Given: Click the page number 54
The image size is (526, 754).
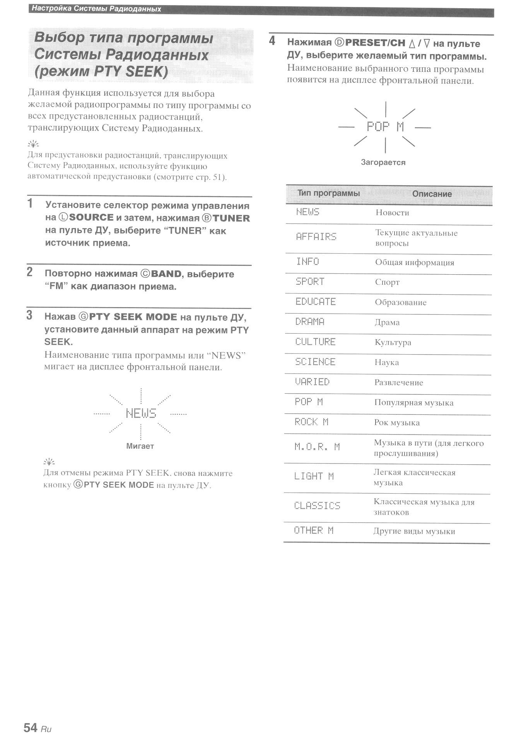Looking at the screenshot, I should (x=31, y=728).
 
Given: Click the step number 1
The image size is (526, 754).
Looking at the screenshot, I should (x=30, y=203).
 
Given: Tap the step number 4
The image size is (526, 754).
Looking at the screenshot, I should (x=272, y=41).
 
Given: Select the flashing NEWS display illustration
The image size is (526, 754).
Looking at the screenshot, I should (x=141, y=413).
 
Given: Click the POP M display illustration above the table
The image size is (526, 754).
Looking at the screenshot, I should (x=385, y=127).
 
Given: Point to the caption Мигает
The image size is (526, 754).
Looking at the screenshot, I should (x=140, y=446).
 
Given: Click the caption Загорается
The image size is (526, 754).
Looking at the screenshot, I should (x=383, y=163).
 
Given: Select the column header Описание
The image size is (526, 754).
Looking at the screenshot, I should (x=432, y=194).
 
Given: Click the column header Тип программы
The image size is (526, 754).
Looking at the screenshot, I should (x=328, y=193).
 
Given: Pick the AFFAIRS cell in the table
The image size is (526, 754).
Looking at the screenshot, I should (x=316, y=237).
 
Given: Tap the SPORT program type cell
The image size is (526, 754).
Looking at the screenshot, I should (x=310, y=282).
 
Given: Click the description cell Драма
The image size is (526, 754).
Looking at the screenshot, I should (x=387, y=323).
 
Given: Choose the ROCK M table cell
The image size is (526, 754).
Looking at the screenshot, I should (x=311, y=422).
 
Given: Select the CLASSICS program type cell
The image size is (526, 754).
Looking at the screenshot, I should (x=317, y=506).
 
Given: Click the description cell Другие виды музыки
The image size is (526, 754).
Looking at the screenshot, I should (x=414, y=532).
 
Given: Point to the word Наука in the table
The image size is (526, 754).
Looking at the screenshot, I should (x=386, y=363).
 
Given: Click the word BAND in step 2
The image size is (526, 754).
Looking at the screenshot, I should (x=166, y=274).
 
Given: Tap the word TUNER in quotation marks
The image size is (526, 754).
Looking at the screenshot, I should (x=185, y=231).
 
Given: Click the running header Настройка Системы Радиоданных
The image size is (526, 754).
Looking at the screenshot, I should (x=96, y=8).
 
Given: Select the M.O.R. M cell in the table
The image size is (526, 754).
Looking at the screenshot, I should (x=317, y=447).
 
